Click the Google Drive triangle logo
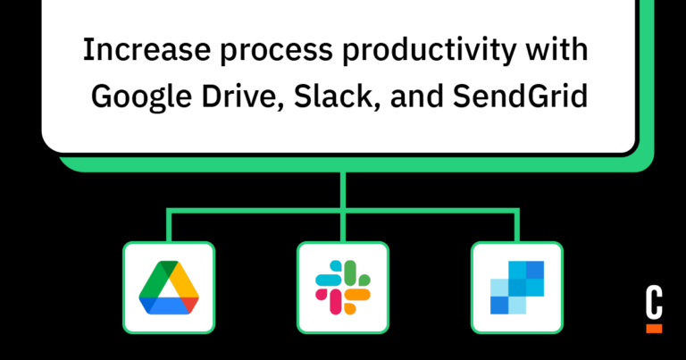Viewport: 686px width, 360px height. tap(168, 287)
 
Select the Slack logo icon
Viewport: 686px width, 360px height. tap(342, 287)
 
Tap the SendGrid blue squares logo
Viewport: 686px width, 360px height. tap(517, 287)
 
